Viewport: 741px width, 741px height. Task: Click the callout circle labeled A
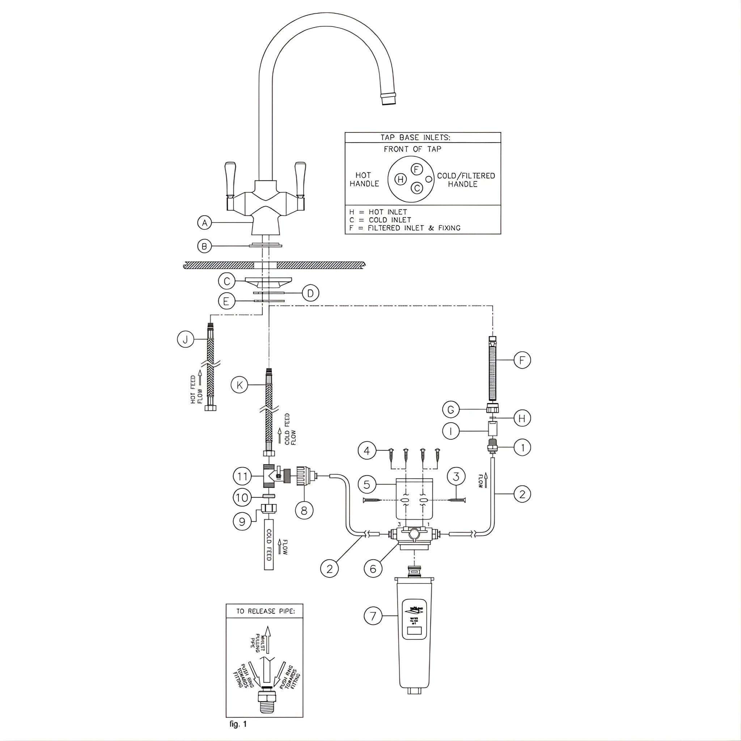pyautogui.click(x=205, y=223)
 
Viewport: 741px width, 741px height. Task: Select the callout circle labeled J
pyautogui.click(x=185, y=339)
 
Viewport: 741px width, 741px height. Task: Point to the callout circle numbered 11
pyautogui.click(x=242, y=477)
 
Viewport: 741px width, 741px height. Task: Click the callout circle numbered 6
pyautogui.click(x=373, y=568)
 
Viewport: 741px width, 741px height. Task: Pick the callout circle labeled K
pyautogui.click(x=240, y=385)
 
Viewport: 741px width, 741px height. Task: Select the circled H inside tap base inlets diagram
pyautogui.click(x=401, y=179)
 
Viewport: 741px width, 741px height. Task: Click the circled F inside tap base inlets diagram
pyautogui.click(x=416, y=169)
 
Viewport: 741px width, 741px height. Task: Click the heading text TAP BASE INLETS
pyautogui.click(x=415, y=137)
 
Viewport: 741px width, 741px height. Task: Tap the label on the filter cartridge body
pyautogui.click(x=414, y=619)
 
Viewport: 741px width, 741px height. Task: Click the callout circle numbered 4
pyautogui.click(x=367, y=451)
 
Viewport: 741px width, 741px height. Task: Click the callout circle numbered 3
pyautogui.click(x=456, y=477)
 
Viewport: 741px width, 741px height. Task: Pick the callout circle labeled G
pyautogui.click(x=451, y=410)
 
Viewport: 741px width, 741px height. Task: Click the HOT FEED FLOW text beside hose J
pyautogui.click(x=196, y=389)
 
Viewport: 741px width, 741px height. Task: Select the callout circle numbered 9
pyautogui.click(x=242, y=522)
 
